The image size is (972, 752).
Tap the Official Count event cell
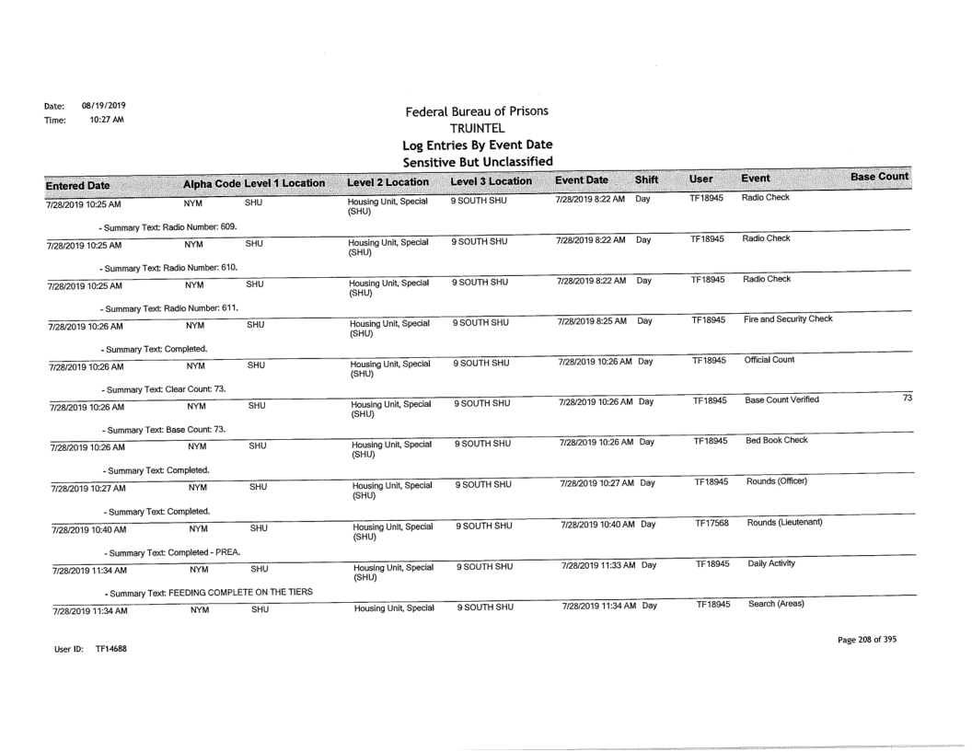point(769,361)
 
